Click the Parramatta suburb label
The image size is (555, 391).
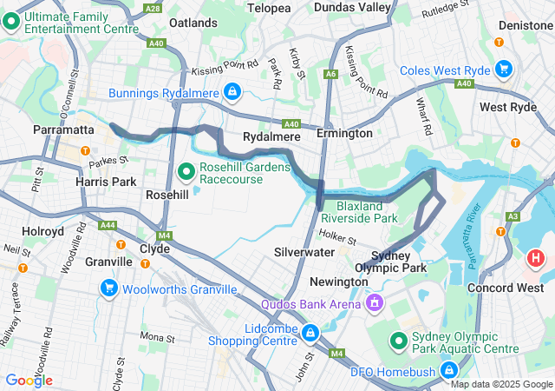pyautogui.click(x=62, y=129)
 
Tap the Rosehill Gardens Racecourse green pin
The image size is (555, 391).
pyautogui.click(x=185, y=172)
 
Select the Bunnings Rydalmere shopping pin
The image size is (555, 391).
pyautogui.click(x=232, y=91)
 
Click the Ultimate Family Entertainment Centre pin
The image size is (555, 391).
pyautogui.click(x=12, y=23)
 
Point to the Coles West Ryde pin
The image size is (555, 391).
pyautogui.click(x=503, y=69)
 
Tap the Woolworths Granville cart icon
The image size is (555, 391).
pyautogui.click(x=109, y=288)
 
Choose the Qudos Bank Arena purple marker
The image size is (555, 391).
pyautogui.click(x=375, y=303)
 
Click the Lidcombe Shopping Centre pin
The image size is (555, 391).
pyautogui.click(x=310, y=331)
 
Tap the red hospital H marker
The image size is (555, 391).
pyautogui.click(x=536, y=258)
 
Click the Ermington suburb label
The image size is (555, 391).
pyautogui.click(x=344, y=134)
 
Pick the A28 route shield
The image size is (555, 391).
pyautogui.click(x=153, y=8)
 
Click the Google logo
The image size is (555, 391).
pyautogui.click(x=29, y=380)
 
